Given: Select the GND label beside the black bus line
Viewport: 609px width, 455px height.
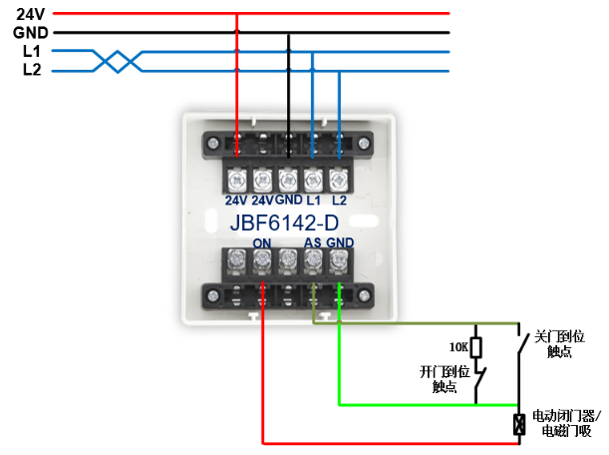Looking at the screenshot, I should click(x=31, y=32).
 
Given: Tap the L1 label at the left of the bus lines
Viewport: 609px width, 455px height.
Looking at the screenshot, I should click(x=31, y=51).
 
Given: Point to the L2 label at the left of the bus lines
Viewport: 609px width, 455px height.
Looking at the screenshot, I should click(x=31, y=69).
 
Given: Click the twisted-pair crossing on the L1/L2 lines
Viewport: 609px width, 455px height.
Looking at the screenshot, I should click(x=118, y=61).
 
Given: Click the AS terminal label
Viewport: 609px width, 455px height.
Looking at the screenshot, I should click(x=312, y=242).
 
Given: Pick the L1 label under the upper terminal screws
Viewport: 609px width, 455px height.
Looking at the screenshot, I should click(x=313, y=200).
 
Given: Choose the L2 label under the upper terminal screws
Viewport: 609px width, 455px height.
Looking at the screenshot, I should click(x=339, y=200).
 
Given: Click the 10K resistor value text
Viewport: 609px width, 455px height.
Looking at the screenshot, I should click(x=457, y=347).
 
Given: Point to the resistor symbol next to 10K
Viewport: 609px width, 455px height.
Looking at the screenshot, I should click(x=475, y=347).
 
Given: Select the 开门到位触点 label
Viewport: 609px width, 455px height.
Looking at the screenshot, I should click(x=443, y=379).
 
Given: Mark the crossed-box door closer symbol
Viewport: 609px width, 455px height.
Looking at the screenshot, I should click(x=518, y=423).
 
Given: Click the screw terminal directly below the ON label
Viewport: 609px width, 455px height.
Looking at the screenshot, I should click(x=262, y=261).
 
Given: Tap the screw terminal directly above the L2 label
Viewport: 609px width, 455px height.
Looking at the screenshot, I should click(x=339, y=179).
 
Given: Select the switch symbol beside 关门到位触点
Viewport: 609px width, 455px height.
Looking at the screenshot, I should click(x=519, y=346).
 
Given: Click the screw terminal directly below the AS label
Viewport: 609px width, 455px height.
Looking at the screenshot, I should click(x=313, y=261).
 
